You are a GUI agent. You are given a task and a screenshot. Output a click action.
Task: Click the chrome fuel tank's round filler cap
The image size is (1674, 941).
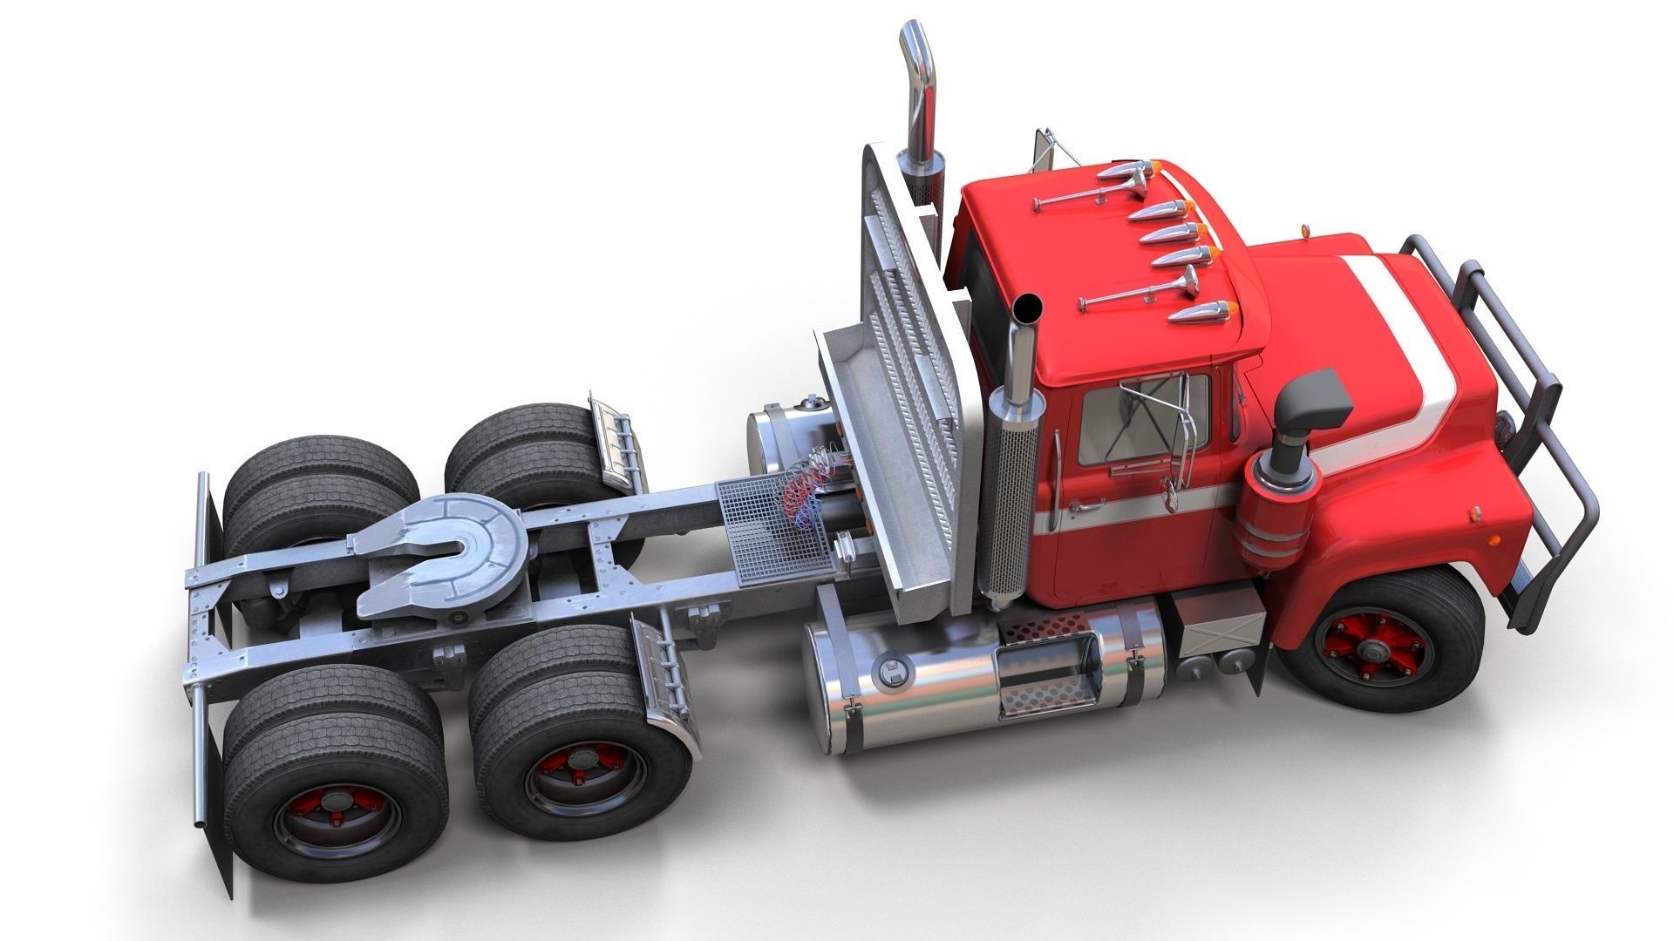[x=893, y=672]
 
